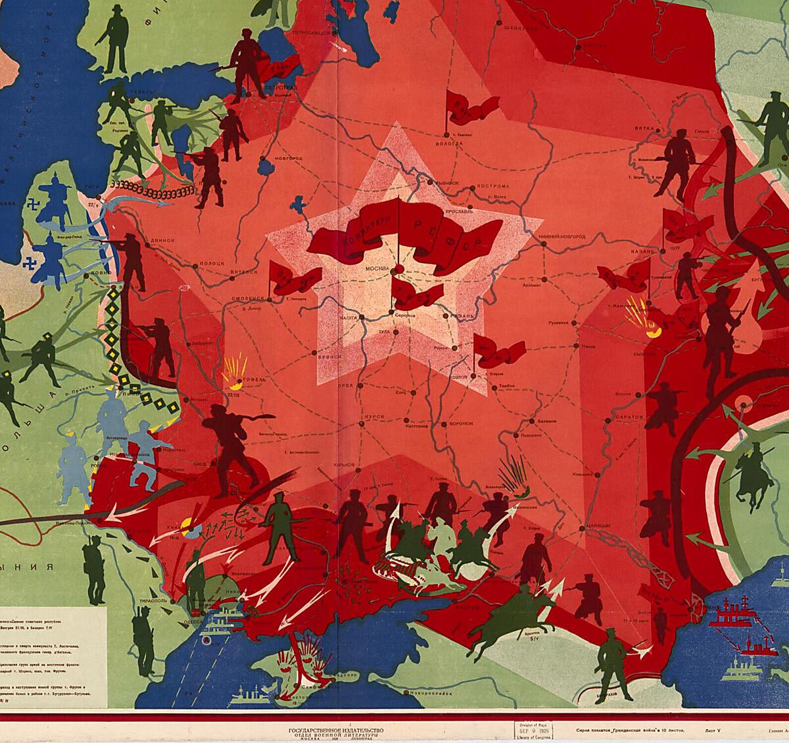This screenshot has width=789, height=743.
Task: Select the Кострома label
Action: click(491, 186)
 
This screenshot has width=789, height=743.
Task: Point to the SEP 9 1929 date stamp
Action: click(533, 731)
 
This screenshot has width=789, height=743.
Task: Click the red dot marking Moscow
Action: click(396, 270)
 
